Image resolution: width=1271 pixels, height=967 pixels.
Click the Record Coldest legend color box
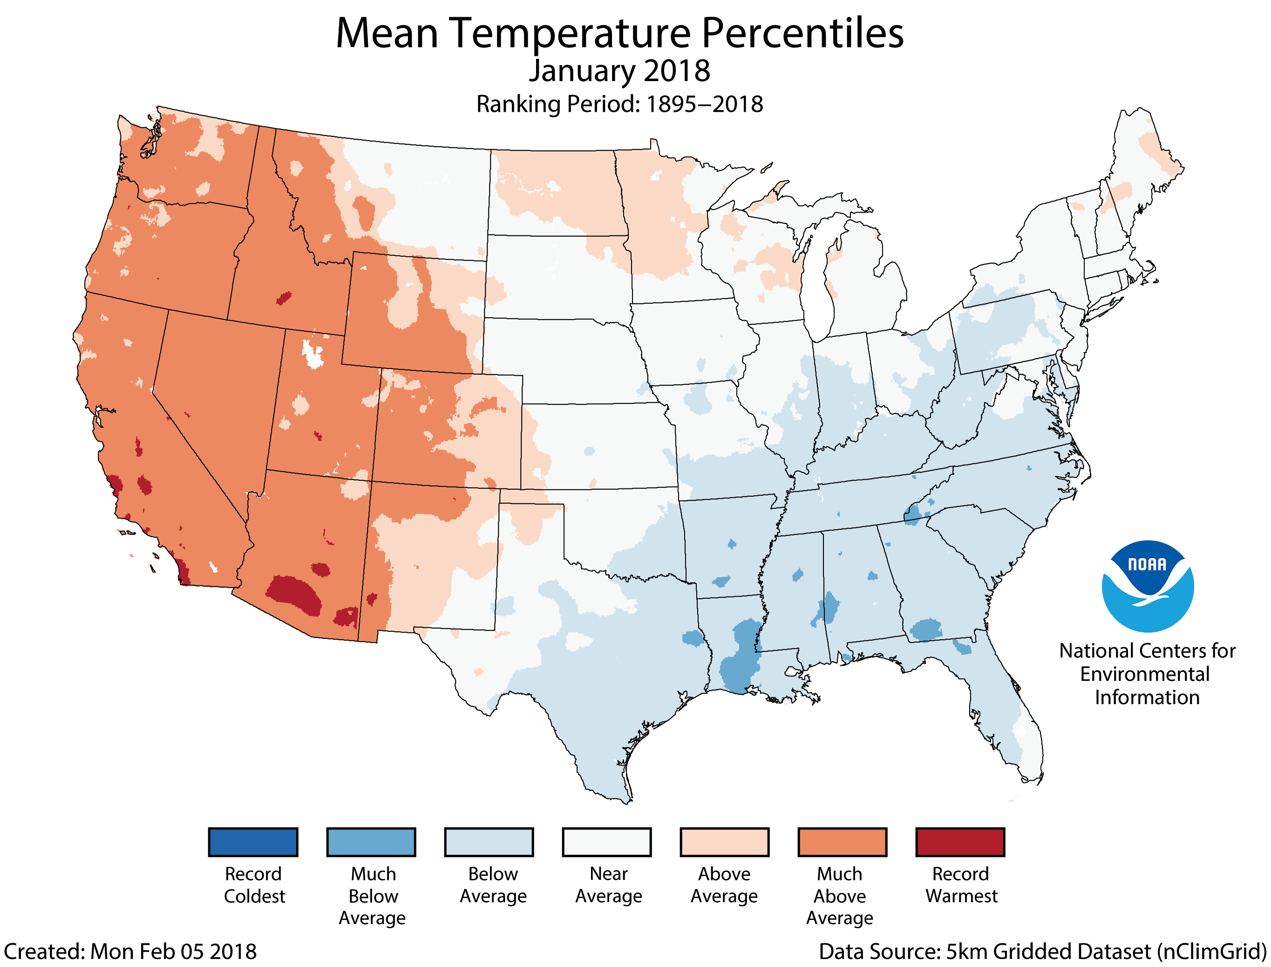(253, 842)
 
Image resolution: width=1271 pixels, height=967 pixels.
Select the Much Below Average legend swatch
(371, 842)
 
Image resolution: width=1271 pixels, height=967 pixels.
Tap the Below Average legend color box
(489, 842)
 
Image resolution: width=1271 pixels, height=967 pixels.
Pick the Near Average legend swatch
(607, 842)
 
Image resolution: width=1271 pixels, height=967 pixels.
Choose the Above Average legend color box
(725, 842)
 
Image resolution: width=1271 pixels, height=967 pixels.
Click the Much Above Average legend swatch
(843, 842)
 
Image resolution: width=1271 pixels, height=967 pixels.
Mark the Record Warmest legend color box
(960, 842)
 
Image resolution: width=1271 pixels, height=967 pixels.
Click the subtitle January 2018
(619, 71)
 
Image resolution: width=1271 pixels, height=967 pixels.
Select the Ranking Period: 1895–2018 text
(619, 104)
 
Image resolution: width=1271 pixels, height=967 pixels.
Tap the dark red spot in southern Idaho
(284, 298)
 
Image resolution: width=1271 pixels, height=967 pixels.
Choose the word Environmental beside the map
(1144, 674)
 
